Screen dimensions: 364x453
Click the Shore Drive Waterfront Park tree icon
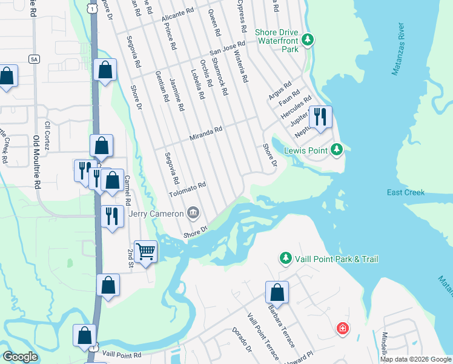point(308,39)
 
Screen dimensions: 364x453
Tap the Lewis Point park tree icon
point(337,149)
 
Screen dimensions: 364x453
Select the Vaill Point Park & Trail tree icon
point(285,259)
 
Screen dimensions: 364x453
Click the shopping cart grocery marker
point(146,250)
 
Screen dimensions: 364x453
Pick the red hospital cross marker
point(343,328)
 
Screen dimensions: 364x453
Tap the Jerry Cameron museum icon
point(193,213)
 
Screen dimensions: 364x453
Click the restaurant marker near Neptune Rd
point(320,116)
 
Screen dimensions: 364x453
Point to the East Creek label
point(406,192)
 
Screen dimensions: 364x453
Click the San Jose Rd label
point(226,47)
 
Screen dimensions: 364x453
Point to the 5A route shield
point(34,58)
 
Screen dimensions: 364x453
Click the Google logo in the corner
point(20,357)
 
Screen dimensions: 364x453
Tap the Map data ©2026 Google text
point(415,359)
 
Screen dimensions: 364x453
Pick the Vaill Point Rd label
point(121,354)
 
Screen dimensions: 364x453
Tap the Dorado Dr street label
point(241,342)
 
